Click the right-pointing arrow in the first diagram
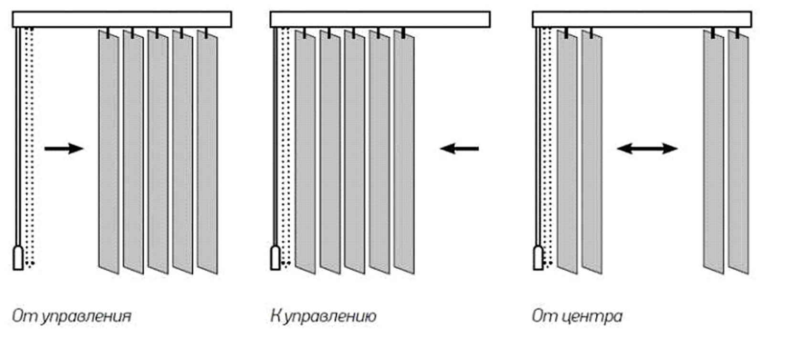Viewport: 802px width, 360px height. coord(64,148)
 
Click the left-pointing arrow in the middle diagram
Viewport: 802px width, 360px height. coord(459,149)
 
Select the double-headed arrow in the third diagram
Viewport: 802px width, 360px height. coord(647,149)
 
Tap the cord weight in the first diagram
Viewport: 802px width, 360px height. coord(18,258)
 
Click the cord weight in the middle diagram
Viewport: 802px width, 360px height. coord(275,258)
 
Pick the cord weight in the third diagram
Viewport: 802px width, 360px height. coord(538,258)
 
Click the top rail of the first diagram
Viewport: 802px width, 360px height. coord(122,20)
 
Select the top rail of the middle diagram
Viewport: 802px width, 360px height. coord(380,20)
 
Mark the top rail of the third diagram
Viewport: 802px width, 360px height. coord(642,20)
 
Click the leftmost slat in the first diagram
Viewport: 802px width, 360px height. coord(109,152)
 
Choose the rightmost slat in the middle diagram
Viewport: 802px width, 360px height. coord(404,152)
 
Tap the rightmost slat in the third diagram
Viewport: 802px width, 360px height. coord(739,152)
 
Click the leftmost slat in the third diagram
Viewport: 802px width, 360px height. coord(567,152)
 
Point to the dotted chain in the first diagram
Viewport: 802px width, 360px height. coord(30,143)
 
